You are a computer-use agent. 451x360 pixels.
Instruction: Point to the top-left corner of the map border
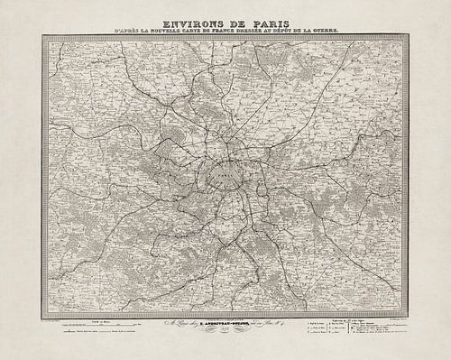coord(41,36)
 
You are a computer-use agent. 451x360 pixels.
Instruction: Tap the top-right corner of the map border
coord(409,36)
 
